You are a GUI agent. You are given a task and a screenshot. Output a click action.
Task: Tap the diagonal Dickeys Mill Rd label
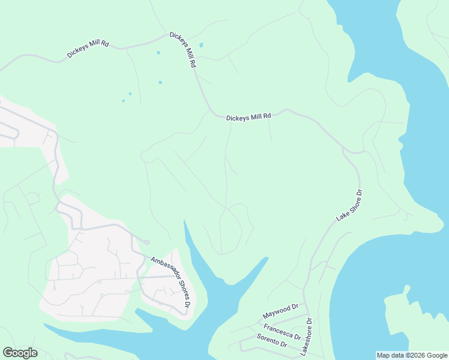184,49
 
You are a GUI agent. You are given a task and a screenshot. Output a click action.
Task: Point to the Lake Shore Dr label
351,206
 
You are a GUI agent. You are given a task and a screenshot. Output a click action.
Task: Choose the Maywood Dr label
280,311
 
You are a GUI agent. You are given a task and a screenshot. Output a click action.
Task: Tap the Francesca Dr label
282,332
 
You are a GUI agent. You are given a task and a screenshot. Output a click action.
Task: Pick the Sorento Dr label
271,341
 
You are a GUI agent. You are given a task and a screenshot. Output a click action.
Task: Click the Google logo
20,353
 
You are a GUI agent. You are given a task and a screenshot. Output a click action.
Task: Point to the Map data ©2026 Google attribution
412,355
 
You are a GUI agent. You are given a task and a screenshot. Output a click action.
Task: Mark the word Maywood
277,313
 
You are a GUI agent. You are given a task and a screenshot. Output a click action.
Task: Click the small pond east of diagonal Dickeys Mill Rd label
200,44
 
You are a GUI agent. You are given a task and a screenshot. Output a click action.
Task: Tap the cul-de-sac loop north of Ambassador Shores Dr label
146,242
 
